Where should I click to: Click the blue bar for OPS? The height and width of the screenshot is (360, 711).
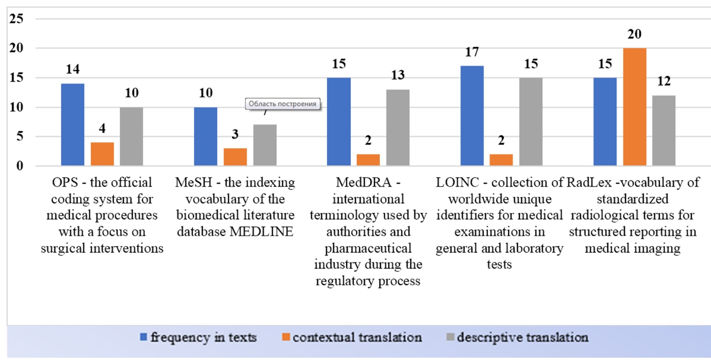coord(73,125)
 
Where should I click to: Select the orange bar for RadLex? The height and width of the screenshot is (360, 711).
coord(635,107)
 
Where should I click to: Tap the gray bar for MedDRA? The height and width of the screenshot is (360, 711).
coord(398,127)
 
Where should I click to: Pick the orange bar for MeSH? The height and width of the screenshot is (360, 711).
coord(235,157)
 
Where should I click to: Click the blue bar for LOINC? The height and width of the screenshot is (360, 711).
coord(472,115)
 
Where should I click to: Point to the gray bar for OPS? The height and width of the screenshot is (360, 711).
coord(131,137)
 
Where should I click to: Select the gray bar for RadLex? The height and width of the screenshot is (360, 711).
coord(664,130)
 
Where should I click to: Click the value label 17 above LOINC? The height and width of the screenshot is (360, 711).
coord(472,52)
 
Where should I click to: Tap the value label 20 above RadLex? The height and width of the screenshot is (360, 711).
coord(635,34)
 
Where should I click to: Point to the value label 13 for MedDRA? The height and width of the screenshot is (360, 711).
coord(398,75)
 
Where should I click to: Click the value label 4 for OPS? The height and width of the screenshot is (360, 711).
coord(102,128)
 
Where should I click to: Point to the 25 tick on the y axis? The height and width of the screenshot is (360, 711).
coord(16,19)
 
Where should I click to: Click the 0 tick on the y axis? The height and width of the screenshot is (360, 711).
coord(20,166)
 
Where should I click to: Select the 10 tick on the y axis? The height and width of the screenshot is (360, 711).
coord(16,107)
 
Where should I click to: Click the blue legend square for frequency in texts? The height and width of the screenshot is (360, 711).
coord(143,337)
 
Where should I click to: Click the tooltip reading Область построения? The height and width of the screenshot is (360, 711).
coord(282,104)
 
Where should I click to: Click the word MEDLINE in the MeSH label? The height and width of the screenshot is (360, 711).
coord(261,232)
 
